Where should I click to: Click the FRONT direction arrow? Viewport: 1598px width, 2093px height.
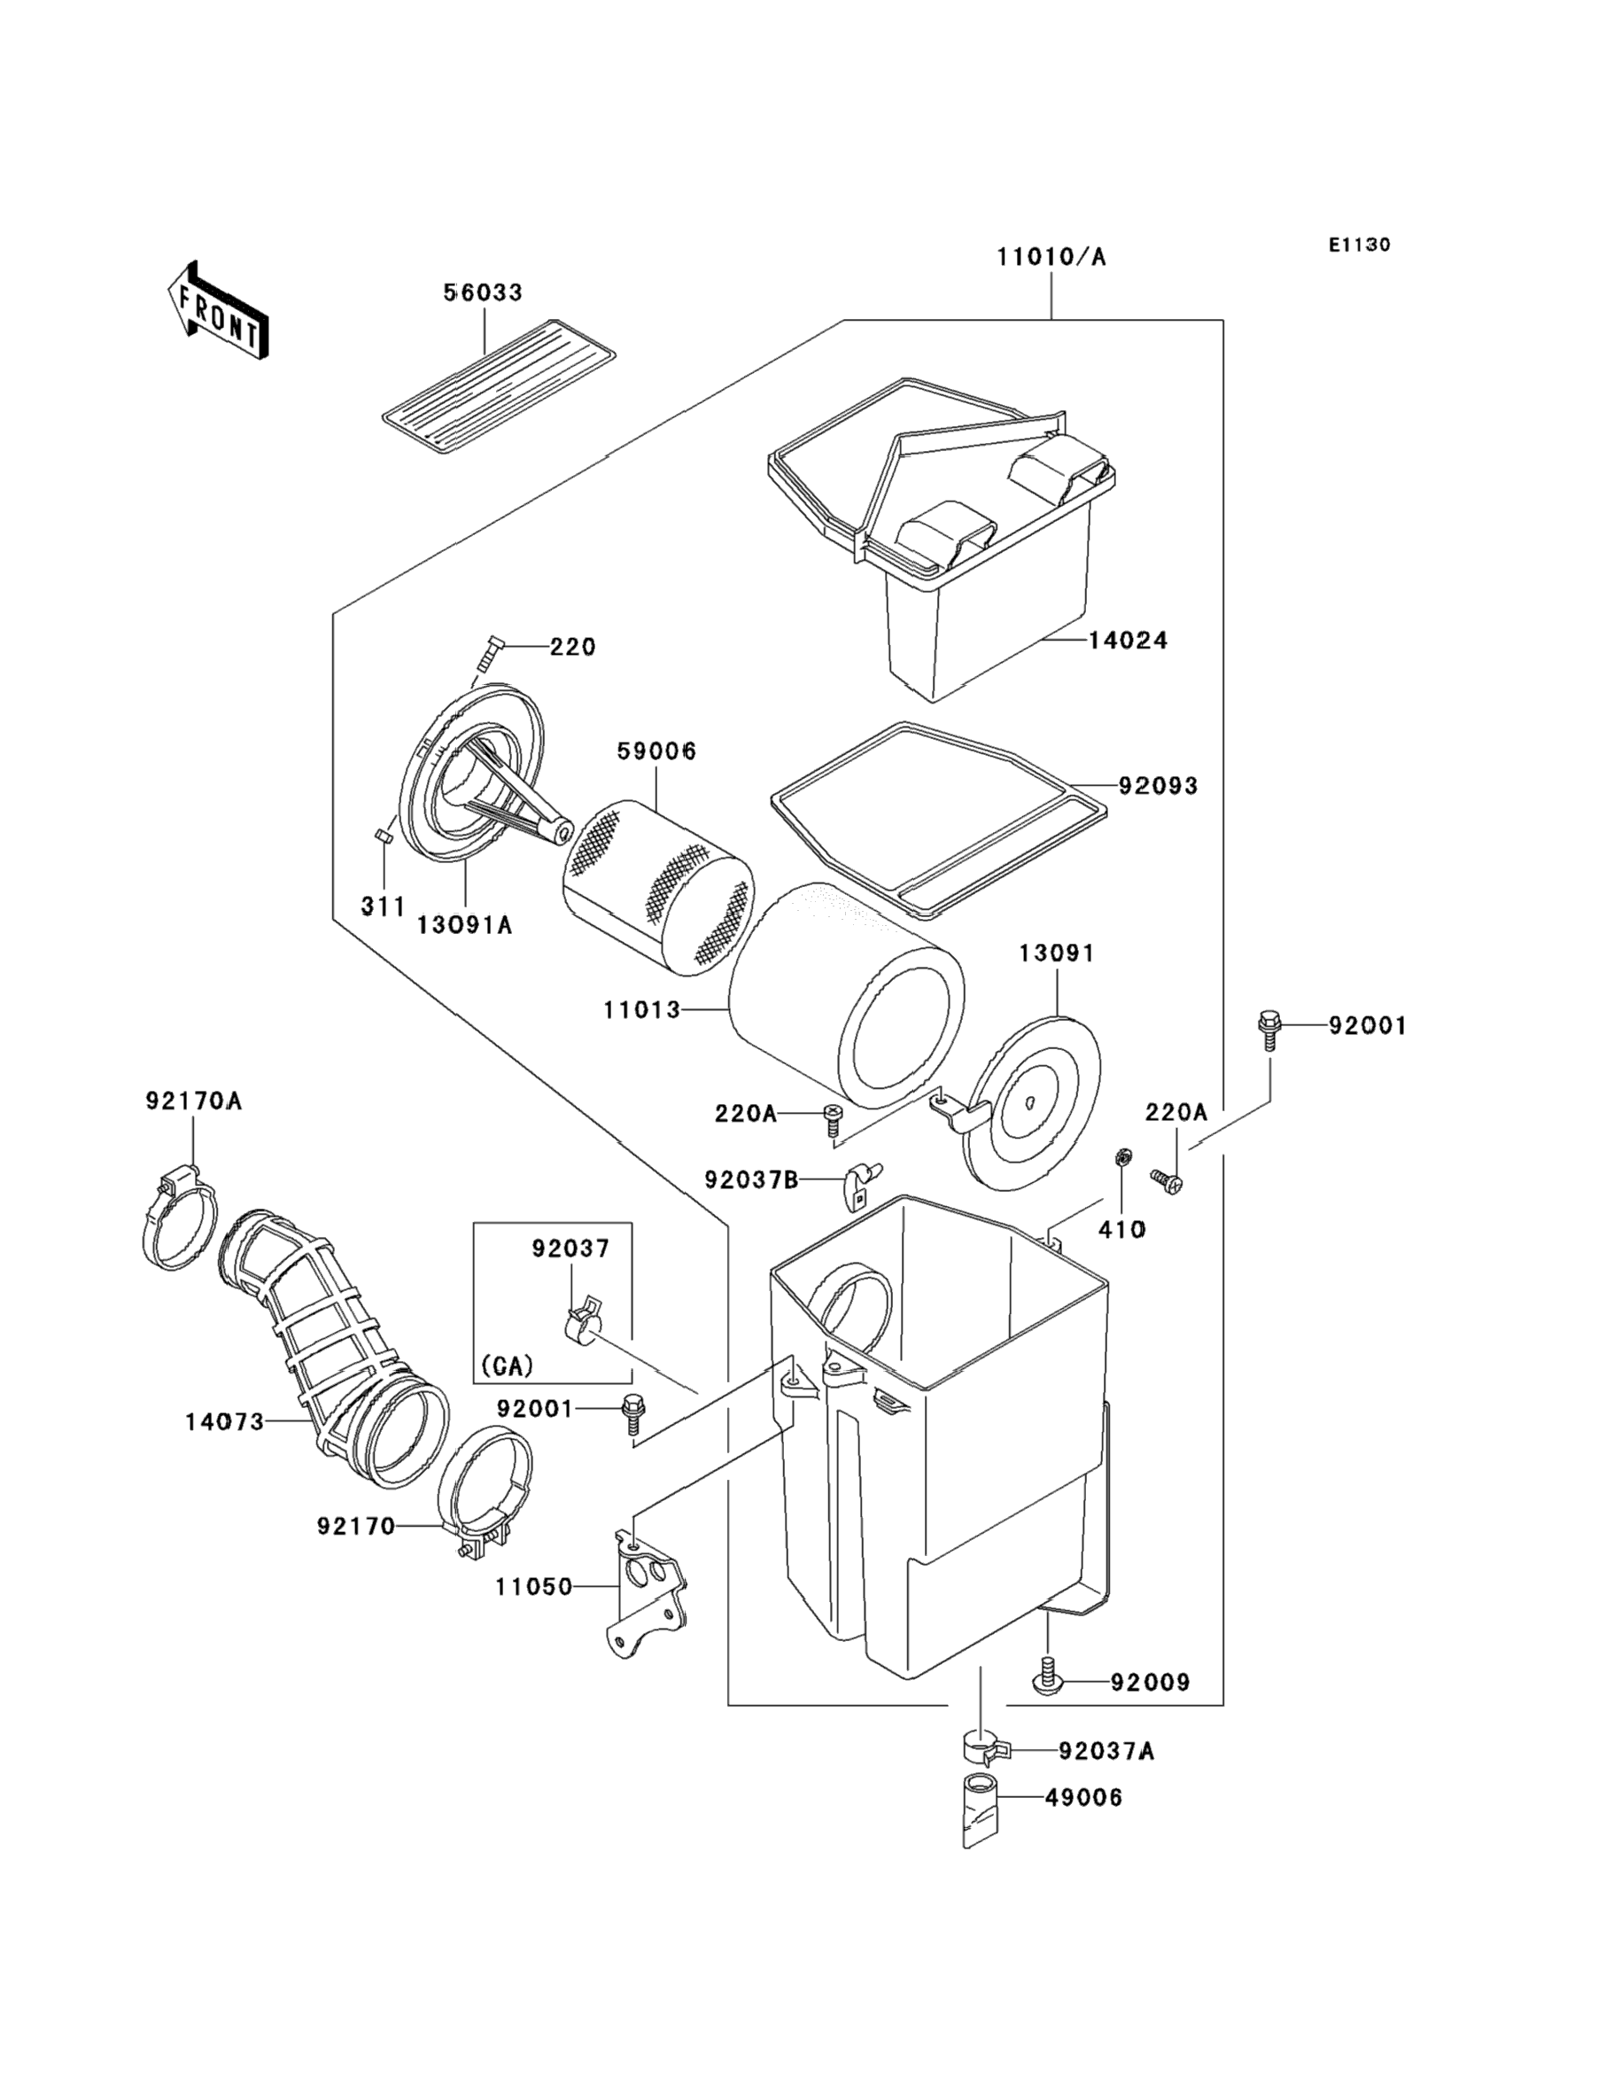[x=217, y=311]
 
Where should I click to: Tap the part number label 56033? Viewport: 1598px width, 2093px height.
[x=483, y=293]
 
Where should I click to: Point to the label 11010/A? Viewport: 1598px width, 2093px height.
[x=1051, y=257]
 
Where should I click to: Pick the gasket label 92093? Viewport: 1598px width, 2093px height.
[x=1158, y=786]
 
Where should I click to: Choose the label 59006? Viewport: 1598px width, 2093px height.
[x=656, y=751]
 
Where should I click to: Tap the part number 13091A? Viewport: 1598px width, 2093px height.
[x=464, y=925]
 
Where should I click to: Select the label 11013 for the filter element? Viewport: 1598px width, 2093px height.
[x=642, y=1009]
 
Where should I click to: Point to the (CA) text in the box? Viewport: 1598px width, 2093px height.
[x=507, y=1366]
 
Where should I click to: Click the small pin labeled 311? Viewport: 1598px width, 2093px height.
[x=384, y=836]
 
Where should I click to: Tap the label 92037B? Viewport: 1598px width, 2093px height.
[x=750, y=1180]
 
